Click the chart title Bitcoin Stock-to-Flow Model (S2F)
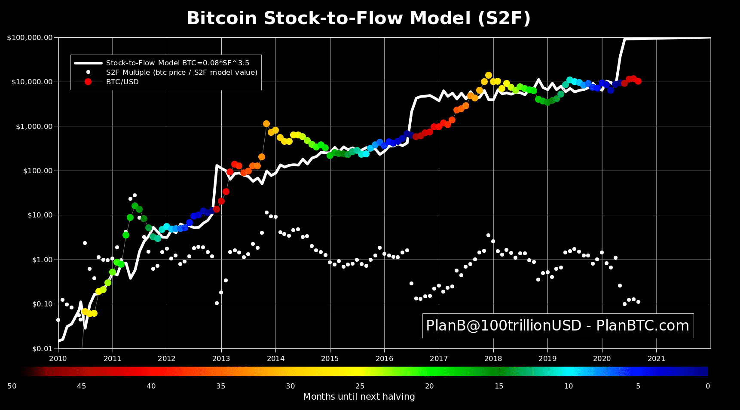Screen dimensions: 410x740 pyautogui.click(x=358, y=18)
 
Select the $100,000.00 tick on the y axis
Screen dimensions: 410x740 pyautogui.click(x=30, y=38)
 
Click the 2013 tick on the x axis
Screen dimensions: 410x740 pyautogui.click(x=221, y=358)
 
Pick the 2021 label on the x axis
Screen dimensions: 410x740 pyautogui.click(x=656, y=358)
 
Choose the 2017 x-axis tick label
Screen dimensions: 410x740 pyautogui.click(x=439, y=358)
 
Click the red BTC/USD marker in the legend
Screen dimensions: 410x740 pyautogui.click(x=88, y=82)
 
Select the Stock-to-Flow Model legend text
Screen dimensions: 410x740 pyautogui.click(x=177, y=63)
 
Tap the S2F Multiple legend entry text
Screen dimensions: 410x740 pyautogui.click(x=182, y=72)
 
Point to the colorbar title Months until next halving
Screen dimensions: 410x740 pyautogui.click(x=359, y=397)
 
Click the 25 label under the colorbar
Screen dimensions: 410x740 pyautogui.click(x=360, y=386)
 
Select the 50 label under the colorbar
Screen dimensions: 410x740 pyautogui.click(x=12, y=386)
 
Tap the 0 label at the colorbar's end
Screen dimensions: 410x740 pyautogui.click(x=708, y=386)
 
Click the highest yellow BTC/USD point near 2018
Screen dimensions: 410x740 pyautogui.click(x=489, y=75)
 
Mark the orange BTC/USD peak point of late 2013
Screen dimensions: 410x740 pyautogui.click(x=266, y=124)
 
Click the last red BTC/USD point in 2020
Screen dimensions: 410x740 pyautogui.click(x=638, y=81)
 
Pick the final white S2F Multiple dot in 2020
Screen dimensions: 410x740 pyautogui.click(x=638, y=302)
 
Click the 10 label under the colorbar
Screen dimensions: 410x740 pyautogui.click(x=569, y=386)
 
